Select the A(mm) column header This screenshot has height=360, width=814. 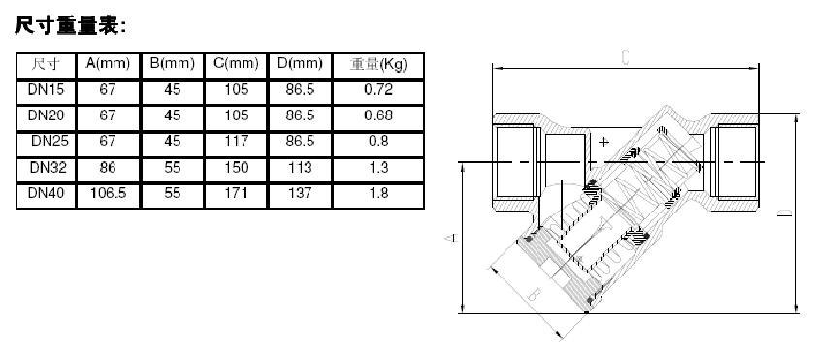[x=108, y=64]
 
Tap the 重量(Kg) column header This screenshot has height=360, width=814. [x=378, y=64]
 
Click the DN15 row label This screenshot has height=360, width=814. [x=47, y=90]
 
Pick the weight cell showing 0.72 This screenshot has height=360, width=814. [x=378, y=90]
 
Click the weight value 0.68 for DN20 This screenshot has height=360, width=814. [x=378, y=115]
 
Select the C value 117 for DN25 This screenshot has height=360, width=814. [x=236, y=141]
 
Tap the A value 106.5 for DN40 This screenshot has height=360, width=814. [x=108, y=193]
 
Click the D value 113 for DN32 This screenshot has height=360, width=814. [x=300, y=167]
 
